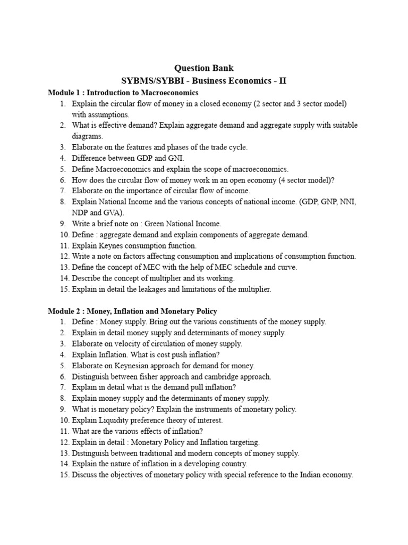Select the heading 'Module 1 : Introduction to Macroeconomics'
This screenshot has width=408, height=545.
123,93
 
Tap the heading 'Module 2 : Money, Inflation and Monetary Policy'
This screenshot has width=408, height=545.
132,311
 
